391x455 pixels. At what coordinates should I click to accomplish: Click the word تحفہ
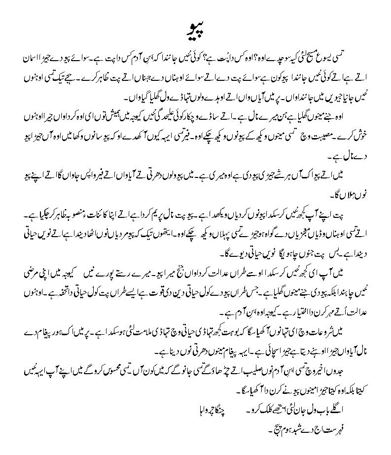(64, 293)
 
